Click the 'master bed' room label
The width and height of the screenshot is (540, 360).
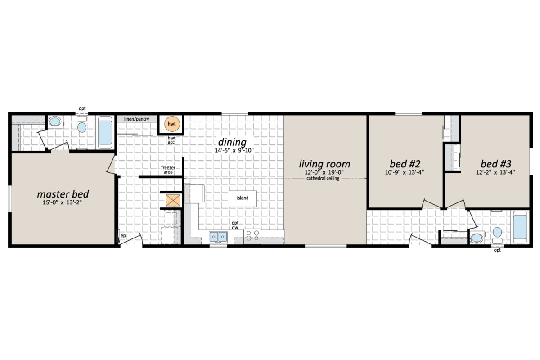pyautogui.click(x=63, y=194)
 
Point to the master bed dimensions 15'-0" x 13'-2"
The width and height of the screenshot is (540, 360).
pyautogui.click(x=63, y=202)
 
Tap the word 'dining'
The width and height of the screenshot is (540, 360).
pyautogui.click(x=232, y=142)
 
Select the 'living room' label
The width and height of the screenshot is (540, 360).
pyautogui.click(x=324, y=164)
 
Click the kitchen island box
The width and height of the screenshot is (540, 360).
pyautogui.click(x=243, y=198)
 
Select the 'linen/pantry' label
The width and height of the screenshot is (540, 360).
pyautogui.click(x=137, y=119)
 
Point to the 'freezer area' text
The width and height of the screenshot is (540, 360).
pyautogui.click(x=168, y=170)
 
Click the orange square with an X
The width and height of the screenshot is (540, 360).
pyautogui.click(x=172, y=201)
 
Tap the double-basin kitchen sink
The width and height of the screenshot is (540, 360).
pyautogui.click(x=218, y=236)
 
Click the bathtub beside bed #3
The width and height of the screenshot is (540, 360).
pyautogui.click(x=521, y=227)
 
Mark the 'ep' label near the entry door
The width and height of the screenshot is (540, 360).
pyautogui.click(x=123, y=235)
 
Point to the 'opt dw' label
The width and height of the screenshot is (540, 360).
pyautogui.click(x=235, y=225)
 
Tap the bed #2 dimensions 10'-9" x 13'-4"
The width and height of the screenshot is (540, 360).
pyautogui.click(x=405, y=171)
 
